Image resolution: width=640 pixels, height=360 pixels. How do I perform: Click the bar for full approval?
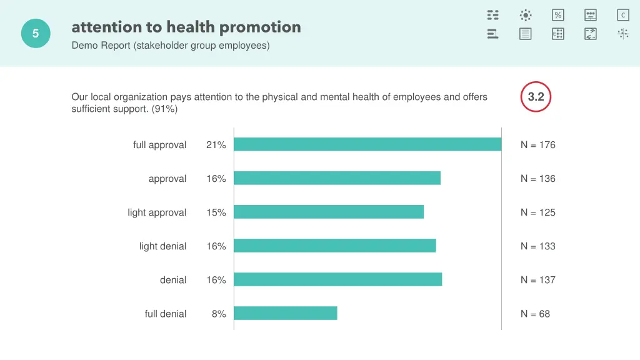367,144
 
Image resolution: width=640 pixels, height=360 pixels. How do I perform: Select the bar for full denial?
286,313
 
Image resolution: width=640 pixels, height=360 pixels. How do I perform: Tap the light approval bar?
329,212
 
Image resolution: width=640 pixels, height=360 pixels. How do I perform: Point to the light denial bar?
335,246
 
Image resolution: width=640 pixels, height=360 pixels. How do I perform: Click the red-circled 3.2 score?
536,97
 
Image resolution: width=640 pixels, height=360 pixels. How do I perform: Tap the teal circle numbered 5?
36,34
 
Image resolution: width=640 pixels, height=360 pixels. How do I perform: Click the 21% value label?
216,145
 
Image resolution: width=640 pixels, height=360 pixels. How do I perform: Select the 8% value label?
219,314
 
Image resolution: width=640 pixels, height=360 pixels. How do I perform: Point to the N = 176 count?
538,145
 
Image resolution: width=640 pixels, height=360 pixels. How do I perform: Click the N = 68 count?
536,314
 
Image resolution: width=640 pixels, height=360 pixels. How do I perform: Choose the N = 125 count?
538,212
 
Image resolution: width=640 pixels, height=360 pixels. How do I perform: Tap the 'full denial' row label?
166,314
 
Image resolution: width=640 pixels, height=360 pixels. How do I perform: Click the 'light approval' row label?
157,212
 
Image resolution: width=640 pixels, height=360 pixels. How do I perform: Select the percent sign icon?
558,15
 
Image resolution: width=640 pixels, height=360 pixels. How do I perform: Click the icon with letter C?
623,15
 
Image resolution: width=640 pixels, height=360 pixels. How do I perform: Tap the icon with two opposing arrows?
591,34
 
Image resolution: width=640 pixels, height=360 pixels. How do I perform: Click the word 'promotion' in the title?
260,27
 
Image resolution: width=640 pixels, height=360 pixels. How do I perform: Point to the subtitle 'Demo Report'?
101,45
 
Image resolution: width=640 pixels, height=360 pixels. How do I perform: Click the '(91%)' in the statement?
164,109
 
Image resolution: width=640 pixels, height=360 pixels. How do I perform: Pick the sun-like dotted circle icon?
526,15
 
